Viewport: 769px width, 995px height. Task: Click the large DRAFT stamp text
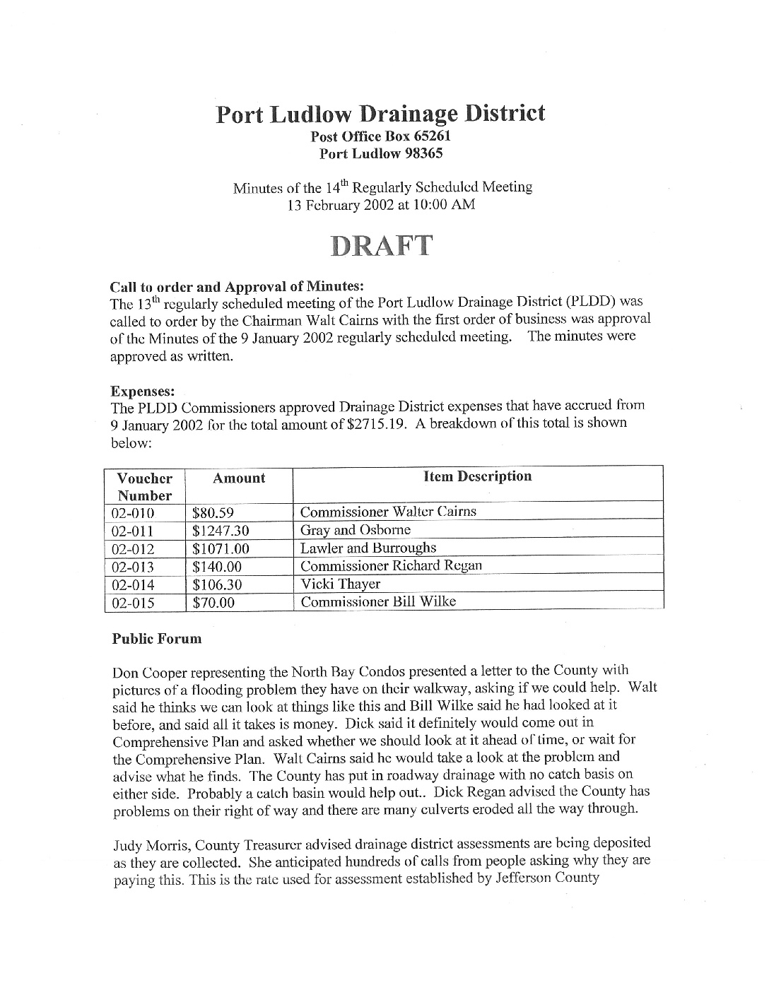pyautogui.click(x=381, y=245)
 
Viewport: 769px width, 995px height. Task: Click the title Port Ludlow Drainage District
pyautogui.click(x=380, y=114)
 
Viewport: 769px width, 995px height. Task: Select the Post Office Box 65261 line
pyautogui.click(x=381, y=136)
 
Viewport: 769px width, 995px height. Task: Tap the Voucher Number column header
pyautogui.click(x=144, y=486)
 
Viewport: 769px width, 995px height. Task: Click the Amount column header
pyautogui.click(x=239, y=478)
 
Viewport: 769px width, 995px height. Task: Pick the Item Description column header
pyautogui.click(x=478, y=476)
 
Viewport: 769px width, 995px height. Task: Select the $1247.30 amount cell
pyautogui.click(x=221, y=531)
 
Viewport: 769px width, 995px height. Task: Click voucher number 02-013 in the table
pyautogui.click(x=133, y=567)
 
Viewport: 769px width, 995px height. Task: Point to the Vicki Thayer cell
pyautogui.click(x=340, y=584)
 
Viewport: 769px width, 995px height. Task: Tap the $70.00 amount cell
pyautogui.click(x=213, y=603)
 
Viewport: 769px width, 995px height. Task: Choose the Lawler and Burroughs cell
pyautogui.click(x=368, y=548)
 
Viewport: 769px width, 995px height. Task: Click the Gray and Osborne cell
pyautogui.click(x=355, y=530)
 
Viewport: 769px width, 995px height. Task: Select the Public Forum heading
pyautogui.click(x=156, y=639)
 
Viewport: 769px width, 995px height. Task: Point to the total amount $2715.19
pyautogui.click(x=379, y=424)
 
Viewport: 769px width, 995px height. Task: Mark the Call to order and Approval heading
pyautogui.click(x=237, y=287)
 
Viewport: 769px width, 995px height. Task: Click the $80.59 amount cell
pyautogui.click(x=213, y=513)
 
